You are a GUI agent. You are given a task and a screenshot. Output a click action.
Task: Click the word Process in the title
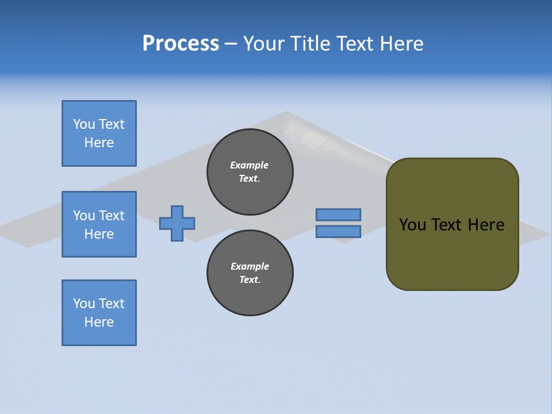coord(181,44)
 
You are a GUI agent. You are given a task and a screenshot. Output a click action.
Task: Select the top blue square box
coord(99,133)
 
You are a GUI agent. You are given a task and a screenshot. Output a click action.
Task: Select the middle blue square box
coord(99,224)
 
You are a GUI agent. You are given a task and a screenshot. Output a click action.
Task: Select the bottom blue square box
coord(99,313)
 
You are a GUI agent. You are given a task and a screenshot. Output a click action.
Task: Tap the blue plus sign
coord(177,223)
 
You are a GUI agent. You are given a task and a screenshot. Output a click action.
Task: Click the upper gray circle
coord(250,172)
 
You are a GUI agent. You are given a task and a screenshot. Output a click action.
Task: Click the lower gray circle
coord(250,273)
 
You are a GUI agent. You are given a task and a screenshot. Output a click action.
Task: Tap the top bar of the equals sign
coord(338,214)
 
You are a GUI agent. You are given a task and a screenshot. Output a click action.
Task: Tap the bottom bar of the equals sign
coord(338,231)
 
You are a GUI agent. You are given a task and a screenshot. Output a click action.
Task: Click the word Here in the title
coord(402,44)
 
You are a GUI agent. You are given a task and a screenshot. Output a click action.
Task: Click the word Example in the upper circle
coord(249,165)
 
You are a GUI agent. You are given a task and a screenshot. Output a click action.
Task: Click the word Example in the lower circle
coord(250,266)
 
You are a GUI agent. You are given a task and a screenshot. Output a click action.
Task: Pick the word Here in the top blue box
coord(99,143)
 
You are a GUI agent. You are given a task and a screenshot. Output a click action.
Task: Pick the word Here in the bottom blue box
coord(99,322)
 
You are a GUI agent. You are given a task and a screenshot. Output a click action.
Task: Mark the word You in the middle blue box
coord(83,216)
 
